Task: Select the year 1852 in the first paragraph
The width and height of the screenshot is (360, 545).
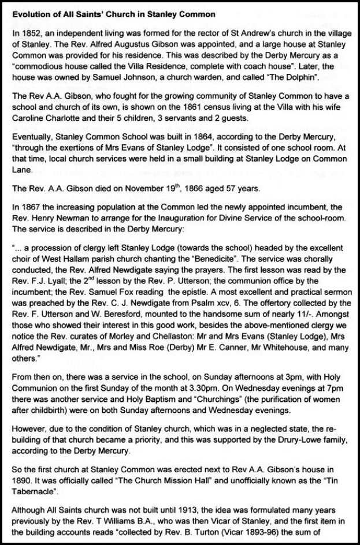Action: (28, 35)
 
